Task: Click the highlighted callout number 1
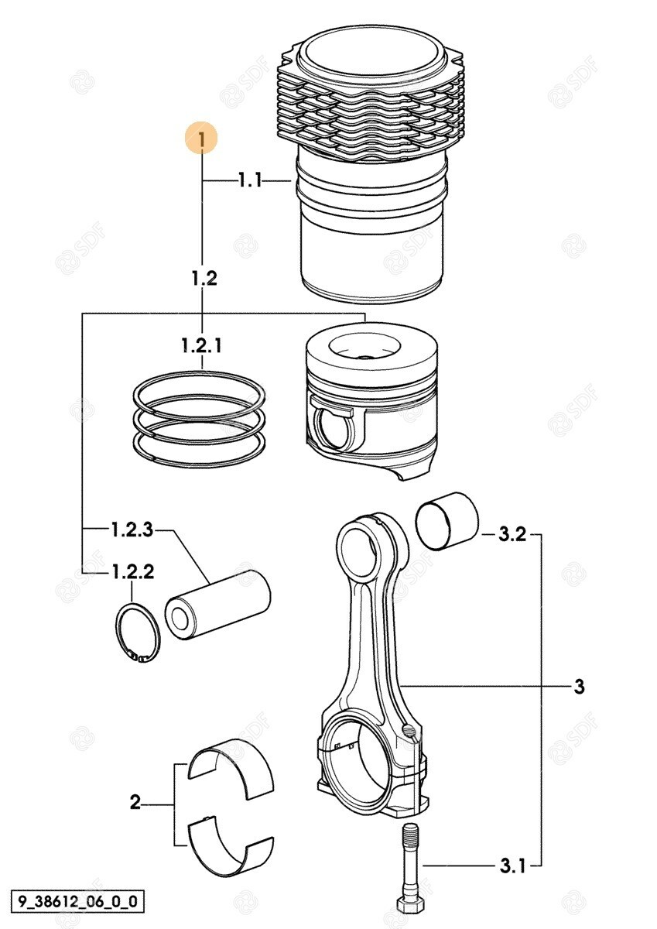point(201,138)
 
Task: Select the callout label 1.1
point(251,181)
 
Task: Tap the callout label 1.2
point(204,278)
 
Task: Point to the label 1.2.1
point(201,345)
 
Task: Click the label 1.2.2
point(132,572)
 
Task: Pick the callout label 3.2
point(512,534)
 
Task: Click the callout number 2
point(135,802)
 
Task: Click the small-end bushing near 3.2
point(447,521)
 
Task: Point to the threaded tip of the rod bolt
point(410,832)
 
